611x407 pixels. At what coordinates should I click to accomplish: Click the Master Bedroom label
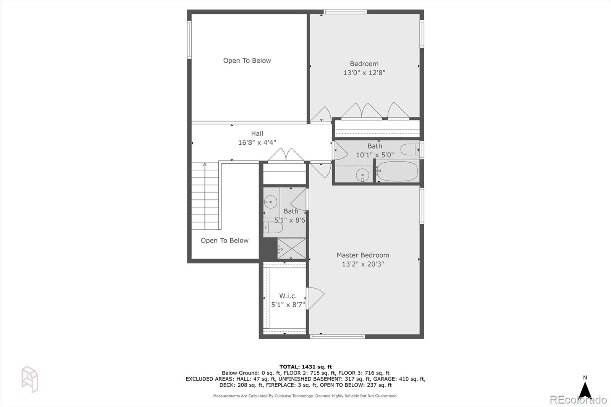click(x=363, y=255)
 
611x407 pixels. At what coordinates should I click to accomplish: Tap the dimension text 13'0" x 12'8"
click(x=364, y=73)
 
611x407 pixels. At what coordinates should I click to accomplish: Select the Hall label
click(x=257, y=133)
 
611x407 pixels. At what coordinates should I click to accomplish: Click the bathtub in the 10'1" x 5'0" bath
click(x=397, y=171)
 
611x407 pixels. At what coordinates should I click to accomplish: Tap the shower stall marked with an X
click(x=291, y=249)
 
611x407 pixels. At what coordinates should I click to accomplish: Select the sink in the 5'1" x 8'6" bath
click(x=270, y=202)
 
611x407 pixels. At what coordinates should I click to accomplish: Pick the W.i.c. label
click(x=288, y=296)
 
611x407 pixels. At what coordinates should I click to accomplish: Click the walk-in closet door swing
click(x=315, y=297)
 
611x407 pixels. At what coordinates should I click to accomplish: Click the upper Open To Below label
click(x=247, y=60)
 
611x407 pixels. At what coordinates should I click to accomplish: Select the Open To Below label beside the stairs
click(x=225, y=241)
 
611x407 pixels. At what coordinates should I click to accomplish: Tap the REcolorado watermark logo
click(x=578, y=400)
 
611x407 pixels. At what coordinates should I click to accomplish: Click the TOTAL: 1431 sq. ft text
click(x=305, y=367)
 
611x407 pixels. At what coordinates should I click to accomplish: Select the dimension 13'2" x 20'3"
click(x=363, y=264)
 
